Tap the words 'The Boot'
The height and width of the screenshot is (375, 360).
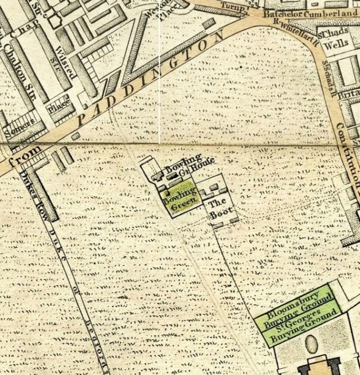(x=218, y=209)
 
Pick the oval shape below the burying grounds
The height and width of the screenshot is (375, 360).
(x=311, y=344)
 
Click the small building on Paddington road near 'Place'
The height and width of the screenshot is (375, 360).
(x=76, y=136)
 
